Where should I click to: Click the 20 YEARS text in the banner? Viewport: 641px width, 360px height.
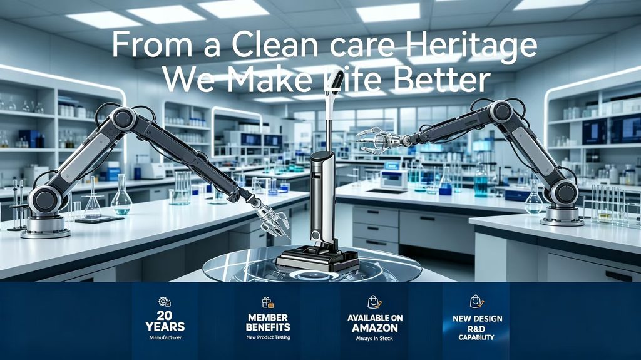(x=165, y=321)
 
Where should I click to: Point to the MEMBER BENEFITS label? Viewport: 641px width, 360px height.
(x=268, y=322)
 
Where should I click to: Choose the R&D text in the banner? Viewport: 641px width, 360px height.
(x=476, y=329)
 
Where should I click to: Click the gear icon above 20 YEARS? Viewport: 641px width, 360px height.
(x=165, y=302)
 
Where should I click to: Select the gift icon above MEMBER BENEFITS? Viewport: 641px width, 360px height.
(x=268, y=303)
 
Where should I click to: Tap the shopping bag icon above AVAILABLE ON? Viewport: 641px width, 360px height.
(x=374, y=302)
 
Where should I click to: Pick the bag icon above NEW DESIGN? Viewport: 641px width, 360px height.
(x=476, y=302)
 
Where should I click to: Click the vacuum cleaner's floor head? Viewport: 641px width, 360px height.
(x=317, y=259)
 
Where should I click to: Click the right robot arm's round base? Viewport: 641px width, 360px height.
(x=562, y=215)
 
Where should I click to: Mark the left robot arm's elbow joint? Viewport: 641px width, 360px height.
(x=123, y=118)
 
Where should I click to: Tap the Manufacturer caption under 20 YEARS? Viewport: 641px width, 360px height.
(x=165, y=337)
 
